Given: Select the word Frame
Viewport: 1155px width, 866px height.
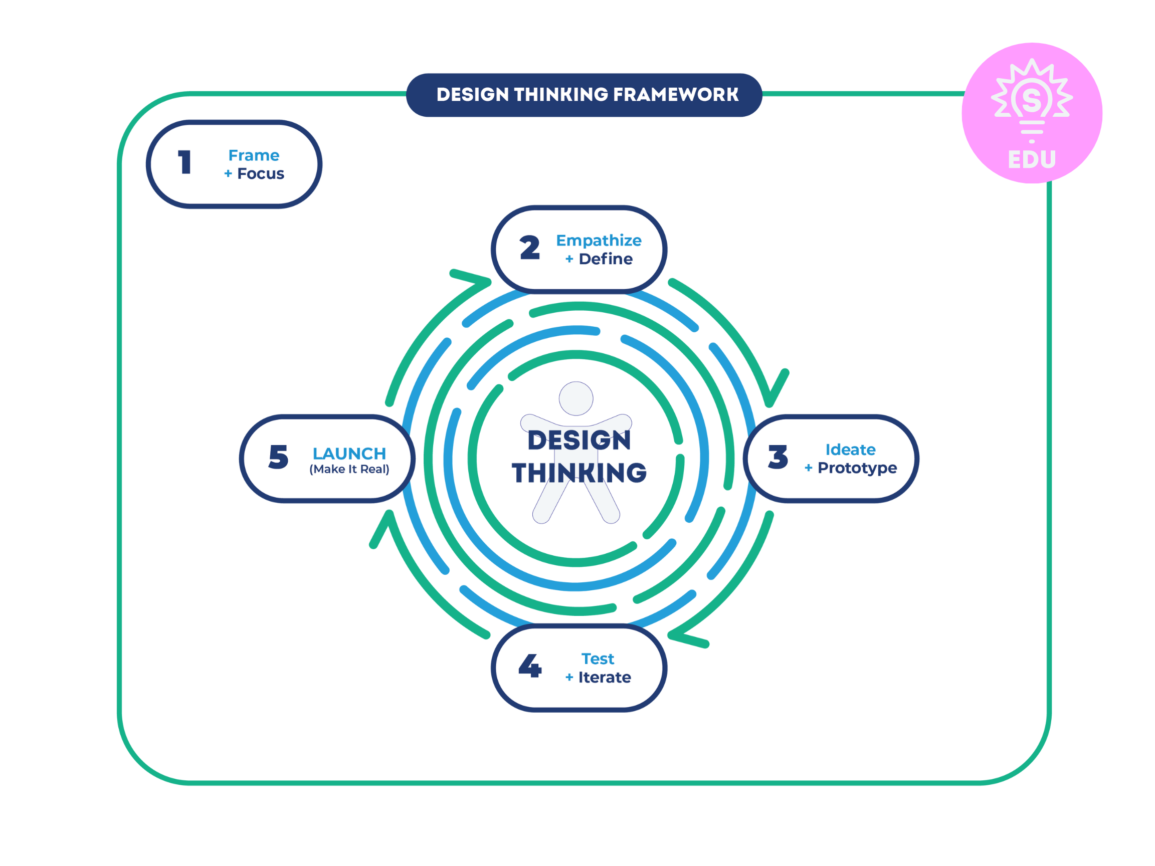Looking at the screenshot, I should tap(254, 155).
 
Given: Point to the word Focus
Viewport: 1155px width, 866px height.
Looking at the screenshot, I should tap(261, 173).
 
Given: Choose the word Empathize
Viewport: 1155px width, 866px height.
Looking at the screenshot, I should tap(599, 240).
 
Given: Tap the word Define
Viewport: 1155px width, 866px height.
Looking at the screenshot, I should tap(605, 259).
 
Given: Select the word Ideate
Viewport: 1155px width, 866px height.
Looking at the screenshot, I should tap(850, 450).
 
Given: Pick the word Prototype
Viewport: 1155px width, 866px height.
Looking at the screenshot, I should tap(857, 468).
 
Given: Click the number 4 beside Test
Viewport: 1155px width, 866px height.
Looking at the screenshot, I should tap(529, 666).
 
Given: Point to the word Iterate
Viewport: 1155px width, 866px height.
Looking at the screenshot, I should tap(604, 677).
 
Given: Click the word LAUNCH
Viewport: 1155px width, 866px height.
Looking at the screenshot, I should tap(349, 453).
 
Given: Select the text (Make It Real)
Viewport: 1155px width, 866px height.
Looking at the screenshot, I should tap(349, 469).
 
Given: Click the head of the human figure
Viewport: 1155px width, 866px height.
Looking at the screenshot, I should tap(576, 398).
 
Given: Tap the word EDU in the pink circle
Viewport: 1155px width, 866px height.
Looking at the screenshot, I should tap(1032, 159).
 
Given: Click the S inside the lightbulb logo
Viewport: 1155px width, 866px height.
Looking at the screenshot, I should tap(1032, 99).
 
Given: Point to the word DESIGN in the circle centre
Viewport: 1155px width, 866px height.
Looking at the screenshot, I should tap(579, 440).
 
